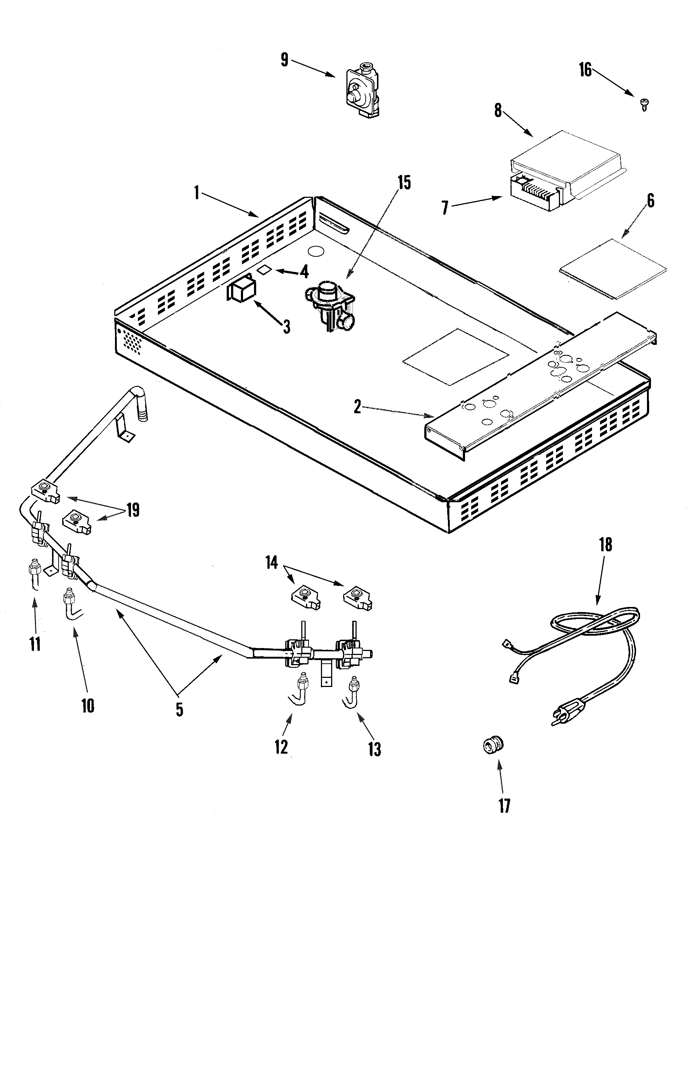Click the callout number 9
285,59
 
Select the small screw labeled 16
644,104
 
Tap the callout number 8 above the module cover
498,110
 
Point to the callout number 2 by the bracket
357,407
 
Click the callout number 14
271,563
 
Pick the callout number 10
88,706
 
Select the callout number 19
133,511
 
